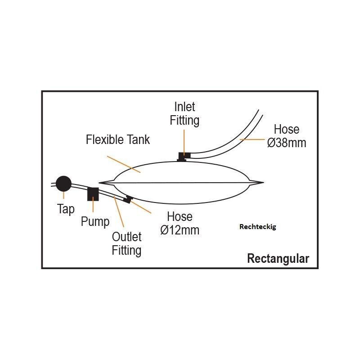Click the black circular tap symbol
tap(63, 183)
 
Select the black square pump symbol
tap(93, 193)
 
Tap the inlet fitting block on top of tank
tap(184, 156)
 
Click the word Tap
tap(66, 209)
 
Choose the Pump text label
tap(95, 221)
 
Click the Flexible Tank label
tap(118, 139)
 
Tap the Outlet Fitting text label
tap(126, 243)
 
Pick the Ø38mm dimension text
tap(287, 143)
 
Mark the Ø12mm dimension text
tap(180, 230)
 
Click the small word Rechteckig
tap(257, 227)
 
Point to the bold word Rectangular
tap(278, 259)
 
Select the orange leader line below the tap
tap(63, 195)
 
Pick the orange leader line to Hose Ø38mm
tap(252, 140)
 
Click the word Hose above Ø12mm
tap(180, 217)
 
